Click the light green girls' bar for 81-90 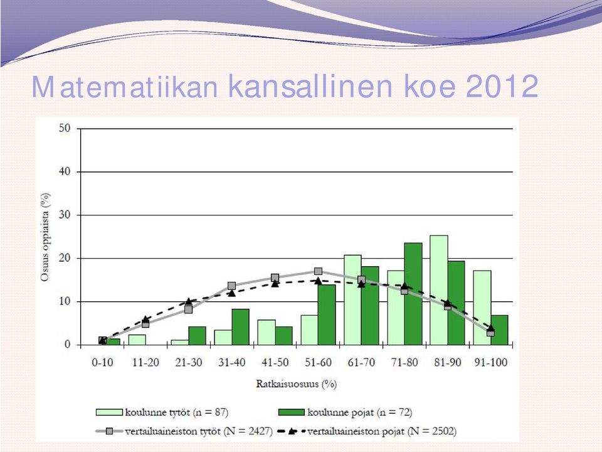[x=439, y=290]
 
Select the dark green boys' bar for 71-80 [x=413, y=294]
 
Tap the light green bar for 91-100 [x=482, y=308]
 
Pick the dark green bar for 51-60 [x=327, y=315]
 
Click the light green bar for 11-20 [x=137, y=340]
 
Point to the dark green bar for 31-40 [x=240, y=327]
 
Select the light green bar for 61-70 [x=352, y=300]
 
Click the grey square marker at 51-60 [x=319, y=271]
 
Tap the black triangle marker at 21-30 [x=189, y=301]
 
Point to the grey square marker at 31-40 [x=231, y=286]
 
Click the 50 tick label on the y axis [x=65, y=128]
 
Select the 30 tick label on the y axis [x=65, y=215]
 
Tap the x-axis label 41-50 [x=275, y=362]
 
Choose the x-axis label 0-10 [x=102, y=362]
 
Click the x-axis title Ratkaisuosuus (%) [x=297, y=384]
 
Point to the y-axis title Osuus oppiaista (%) [x=45, y=237]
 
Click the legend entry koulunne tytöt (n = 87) [x=162, y=412]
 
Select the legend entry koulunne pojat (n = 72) [x=345, y=412]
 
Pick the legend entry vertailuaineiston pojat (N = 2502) [x=367, y=431]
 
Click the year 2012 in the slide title [x=502, y=87]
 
